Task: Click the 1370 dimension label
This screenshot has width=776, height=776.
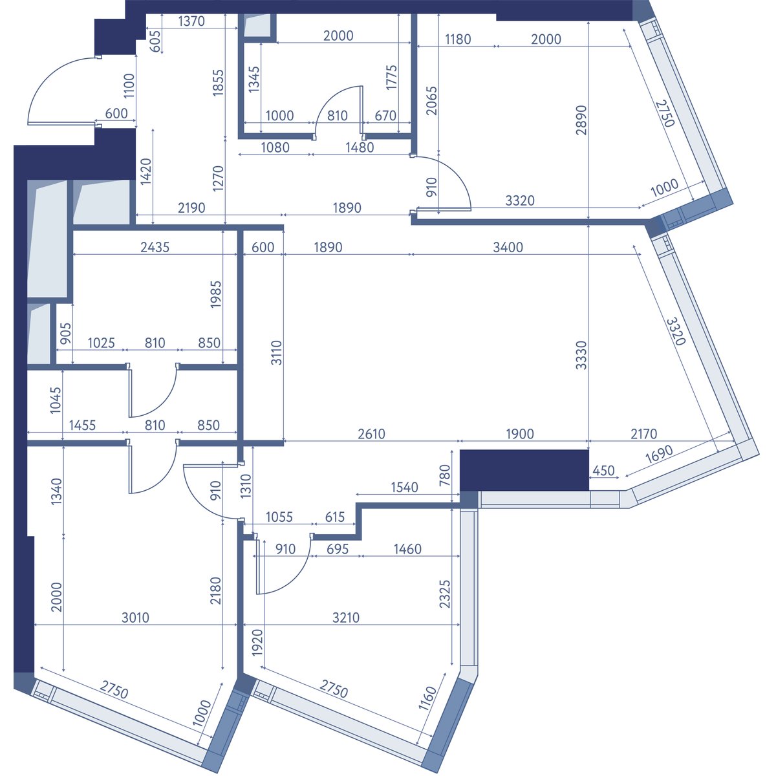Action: tap(191, 21)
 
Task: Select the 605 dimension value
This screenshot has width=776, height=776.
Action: tap(155, 41)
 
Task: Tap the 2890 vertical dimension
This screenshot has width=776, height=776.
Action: tap(581, 120)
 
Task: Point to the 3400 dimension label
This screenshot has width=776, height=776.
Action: tap(508, 247)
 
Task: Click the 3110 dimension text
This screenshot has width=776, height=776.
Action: tap(277, 352)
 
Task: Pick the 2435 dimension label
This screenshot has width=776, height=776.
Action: tap(155, 247)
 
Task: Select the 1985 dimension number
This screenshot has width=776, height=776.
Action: tap(216, 294)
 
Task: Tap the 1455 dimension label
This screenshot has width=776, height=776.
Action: tap(83, 425)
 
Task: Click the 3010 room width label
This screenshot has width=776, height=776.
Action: tap(135, 618)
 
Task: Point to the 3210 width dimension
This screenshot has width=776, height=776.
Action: tap(346, 618)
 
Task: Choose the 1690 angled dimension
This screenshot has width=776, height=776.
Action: tap(659, 454)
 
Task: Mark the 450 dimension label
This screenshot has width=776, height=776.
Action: tap(603, 470)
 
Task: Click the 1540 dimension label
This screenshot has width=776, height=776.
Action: tap(405, 488)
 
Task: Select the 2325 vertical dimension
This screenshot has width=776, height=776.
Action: tap(445, 594)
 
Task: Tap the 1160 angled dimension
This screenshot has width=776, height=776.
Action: tap(427, 698)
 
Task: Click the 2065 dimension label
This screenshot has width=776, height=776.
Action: tap(431, 101)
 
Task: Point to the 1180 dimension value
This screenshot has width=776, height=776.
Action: tap(458, 39)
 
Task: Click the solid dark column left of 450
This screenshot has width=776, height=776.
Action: tap(524, 470)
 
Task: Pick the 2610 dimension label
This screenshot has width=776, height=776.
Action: tap(372, 434)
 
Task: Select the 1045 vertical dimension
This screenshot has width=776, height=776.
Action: tap(56, 400)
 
